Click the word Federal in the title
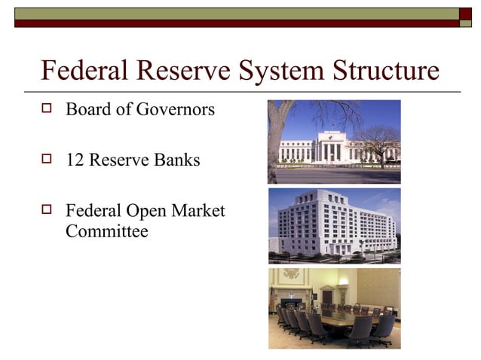(x=85, y=72)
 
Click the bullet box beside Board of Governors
(x=49, y=109)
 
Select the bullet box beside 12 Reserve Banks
(x=49, y=160)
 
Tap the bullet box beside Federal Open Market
(x=49, y=211)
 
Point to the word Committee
(x=107, y=231)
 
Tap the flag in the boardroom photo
(x=273, y=300)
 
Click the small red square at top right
(x=467, y=13)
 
